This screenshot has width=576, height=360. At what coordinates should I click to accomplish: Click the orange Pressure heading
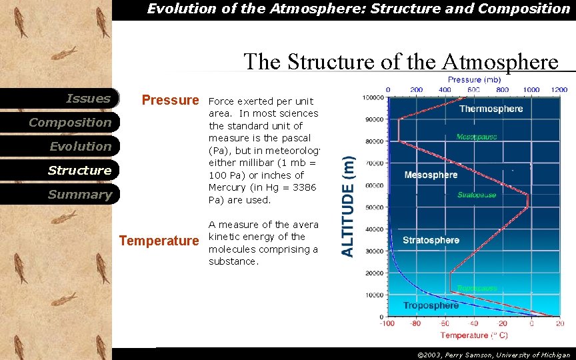(170, 101)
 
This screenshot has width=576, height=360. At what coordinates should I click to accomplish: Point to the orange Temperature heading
(159, 241)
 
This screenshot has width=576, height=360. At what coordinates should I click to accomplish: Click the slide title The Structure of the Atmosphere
(401, 61)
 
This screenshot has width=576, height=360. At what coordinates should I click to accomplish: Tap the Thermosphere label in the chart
(491, 109)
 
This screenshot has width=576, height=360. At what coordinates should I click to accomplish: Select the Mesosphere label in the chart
(431, 175)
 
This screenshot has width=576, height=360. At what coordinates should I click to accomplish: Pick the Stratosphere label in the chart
(431, 240)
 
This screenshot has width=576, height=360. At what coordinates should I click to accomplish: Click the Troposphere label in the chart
(431, 305)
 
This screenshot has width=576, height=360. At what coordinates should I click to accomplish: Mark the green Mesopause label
(476, 137)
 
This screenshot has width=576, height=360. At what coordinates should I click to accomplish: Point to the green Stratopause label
(476, 195)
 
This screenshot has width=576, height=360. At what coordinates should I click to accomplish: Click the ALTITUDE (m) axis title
(348, 206)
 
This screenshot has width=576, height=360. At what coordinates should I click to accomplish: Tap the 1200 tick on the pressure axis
(559, 89)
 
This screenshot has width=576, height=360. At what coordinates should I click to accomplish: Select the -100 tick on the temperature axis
(387, 324)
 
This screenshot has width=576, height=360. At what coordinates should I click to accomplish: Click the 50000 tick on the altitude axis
(373, 207)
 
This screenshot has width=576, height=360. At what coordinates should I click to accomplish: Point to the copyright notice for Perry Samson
(493, 355)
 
